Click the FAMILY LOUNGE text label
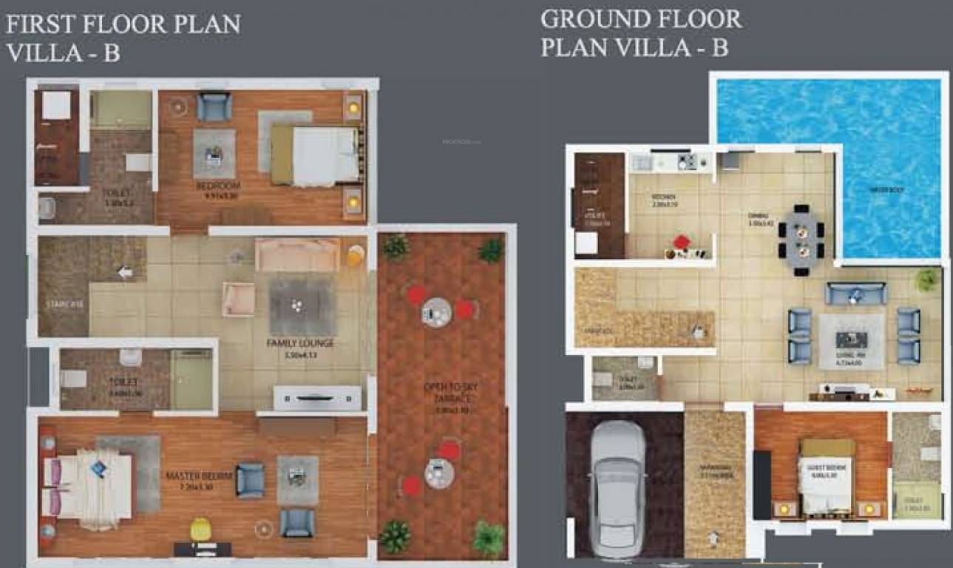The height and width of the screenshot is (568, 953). click(x=300, y=344)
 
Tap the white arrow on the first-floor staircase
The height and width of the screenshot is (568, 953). click(x=125, y=272)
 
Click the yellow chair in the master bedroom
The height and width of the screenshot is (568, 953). click(x=200, y=529)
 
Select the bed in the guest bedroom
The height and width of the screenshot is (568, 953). click(x=827, y=476)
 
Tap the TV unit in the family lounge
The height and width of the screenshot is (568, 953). click(x=317, y=398)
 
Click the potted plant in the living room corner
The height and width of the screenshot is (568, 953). click(x=926, y=280)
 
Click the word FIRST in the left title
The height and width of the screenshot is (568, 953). click(x=38, y=24)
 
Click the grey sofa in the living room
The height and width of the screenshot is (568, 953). click(x=855, y=294)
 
